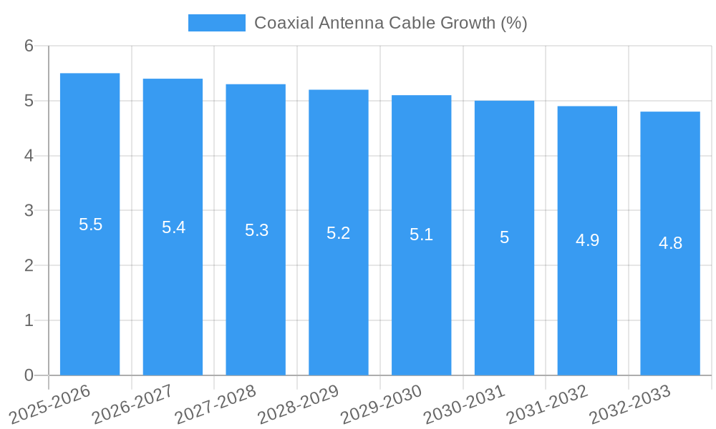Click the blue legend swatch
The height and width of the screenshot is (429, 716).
point(216,23)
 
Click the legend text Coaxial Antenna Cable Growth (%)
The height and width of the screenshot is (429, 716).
point(390,23)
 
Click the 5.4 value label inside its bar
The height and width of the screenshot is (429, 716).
point(173,227)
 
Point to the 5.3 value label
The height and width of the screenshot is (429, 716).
point(256,230)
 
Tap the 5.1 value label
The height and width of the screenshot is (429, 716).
point(421,235)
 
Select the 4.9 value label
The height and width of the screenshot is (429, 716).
point(587,240)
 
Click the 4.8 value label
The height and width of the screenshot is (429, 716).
point(670,243)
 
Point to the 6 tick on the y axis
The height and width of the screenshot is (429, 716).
point(29,46)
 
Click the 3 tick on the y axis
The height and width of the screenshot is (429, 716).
point(29,211)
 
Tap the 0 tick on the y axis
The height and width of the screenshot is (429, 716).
point(29,375)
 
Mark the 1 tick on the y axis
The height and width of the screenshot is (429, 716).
point(29,320)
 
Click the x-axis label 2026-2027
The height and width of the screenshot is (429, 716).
point(133,403)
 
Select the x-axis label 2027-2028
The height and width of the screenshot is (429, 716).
point(216,403)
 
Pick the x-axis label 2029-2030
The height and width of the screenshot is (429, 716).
point(382,403)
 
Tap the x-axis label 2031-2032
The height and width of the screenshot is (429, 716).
point(548,403)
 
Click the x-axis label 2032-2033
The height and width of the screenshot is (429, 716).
point(631,403)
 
